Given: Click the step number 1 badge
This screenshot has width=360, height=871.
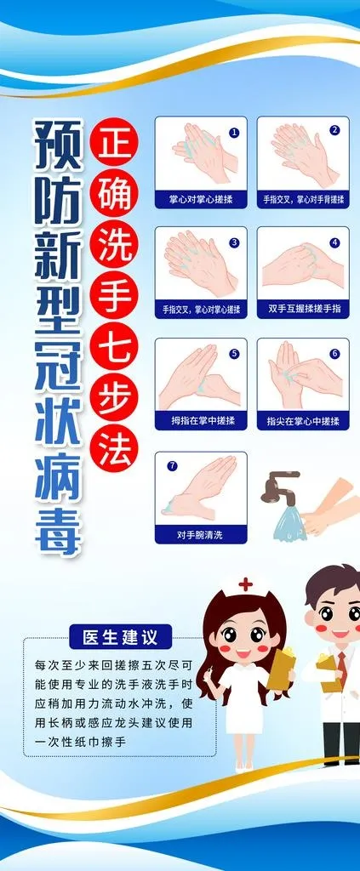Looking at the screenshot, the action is [x=234, y=132].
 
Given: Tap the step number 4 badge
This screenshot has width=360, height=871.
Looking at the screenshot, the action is [x=335, y=242].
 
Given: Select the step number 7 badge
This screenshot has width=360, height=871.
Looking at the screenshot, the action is [x=172, y=466].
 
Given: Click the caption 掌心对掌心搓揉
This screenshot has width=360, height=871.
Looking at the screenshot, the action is [x=201, y=198].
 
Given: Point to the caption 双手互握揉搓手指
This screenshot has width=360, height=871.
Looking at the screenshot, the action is [x=303, y=309].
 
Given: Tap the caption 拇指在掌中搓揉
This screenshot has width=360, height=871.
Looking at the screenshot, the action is [x=201, y=420].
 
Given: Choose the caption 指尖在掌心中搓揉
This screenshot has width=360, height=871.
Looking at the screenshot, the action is [x=303, y=420].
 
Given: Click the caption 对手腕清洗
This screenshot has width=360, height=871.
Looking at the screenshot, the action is [x=201, y=534].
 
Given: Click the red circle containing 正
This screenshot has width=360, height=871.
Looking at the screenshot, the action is [x=114, y=144].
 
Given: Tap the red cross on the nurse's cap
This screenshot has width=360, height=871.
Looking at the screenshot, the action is [x=245, y=584].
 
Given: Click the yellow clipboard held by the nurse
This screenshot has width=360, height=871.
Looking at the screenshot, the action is [x=281, y=670].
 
